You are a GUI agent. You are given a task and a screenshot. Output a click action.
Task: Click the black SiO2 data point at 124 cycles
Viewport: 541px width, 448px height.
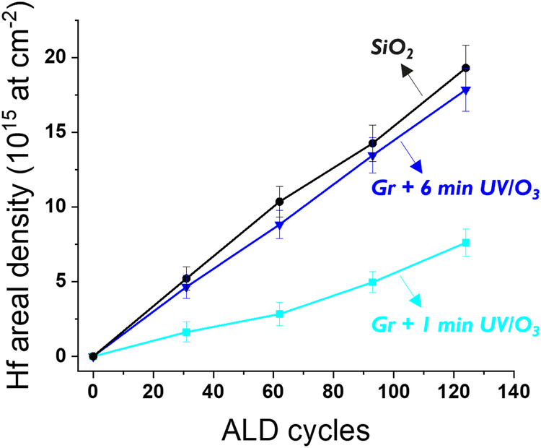466,68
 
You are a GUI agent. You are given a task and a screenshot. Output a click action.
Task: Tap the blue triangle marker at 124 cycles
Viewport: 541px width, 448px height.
466,90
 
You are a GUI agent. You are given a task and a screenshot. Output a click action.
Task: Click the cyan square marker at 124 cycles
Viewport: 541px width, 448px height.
466,243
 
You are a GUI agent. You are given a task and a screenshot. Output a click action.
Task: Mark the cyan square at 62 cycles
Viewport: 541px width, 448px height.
279,314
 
